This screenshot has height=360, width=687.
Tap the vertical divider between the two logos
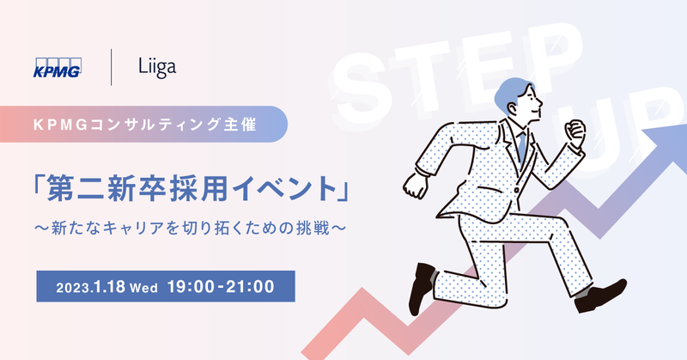point(112,68)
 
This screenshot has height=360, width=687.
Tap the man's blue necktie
point(520,146)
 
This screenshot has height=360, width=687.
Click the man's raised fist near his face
point(574,132)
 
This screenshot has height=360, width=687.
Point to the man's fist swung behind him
point(416,184)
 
